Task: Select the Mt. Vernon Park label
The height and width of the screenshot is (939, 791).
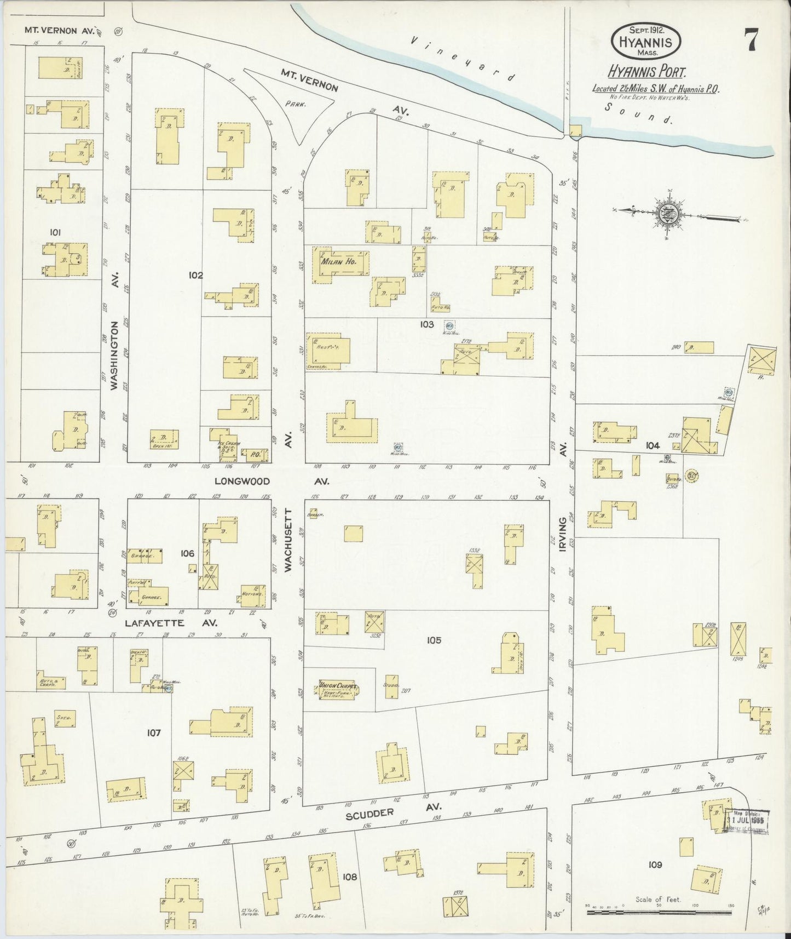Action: pos(296,102)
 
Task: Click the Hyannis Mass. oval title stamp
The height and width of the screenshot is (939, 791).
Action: pos(646,40)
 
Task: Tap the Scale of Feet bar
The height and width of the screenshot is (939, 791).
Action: pos(657,906)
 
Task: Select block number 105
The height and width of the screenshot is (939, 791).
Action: pos(434,640)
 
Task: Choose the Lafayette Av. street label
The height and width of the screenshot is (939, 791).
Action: pos(171,623)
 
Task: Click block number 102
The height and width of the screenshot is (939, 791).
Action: pos(195,275)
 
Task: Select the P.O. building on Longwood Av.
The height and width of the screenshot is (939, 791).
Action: pos(255,454)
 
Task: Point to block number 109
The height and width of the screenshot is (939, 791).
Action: pos(655,864)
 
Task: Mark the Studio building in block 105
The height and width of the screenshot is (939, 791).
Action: pos(391,687)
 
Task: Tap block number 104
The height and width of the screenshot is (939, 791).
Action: pos(652,446)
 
